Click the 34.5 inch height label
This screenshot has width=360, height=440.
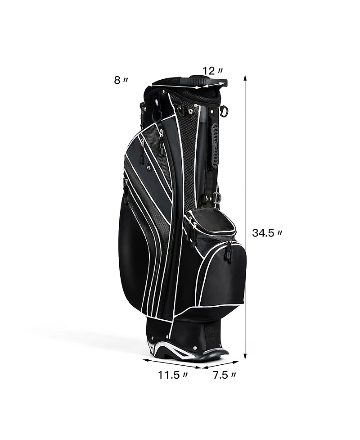pos(267,233)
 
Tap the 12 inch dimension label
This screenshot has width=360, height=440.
pos(213,71)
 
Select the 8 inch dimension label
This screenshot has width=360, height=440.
pos(121,80)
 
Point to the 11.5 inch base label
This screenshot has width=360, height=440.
pos(173,375)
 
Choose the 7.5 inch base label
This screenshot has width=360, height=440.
pos(224,375)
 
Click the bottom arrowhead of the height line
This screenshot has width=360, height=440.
pos(245,356)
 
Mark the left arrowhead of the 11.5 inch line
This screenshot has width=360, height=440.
pos(146,360)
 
